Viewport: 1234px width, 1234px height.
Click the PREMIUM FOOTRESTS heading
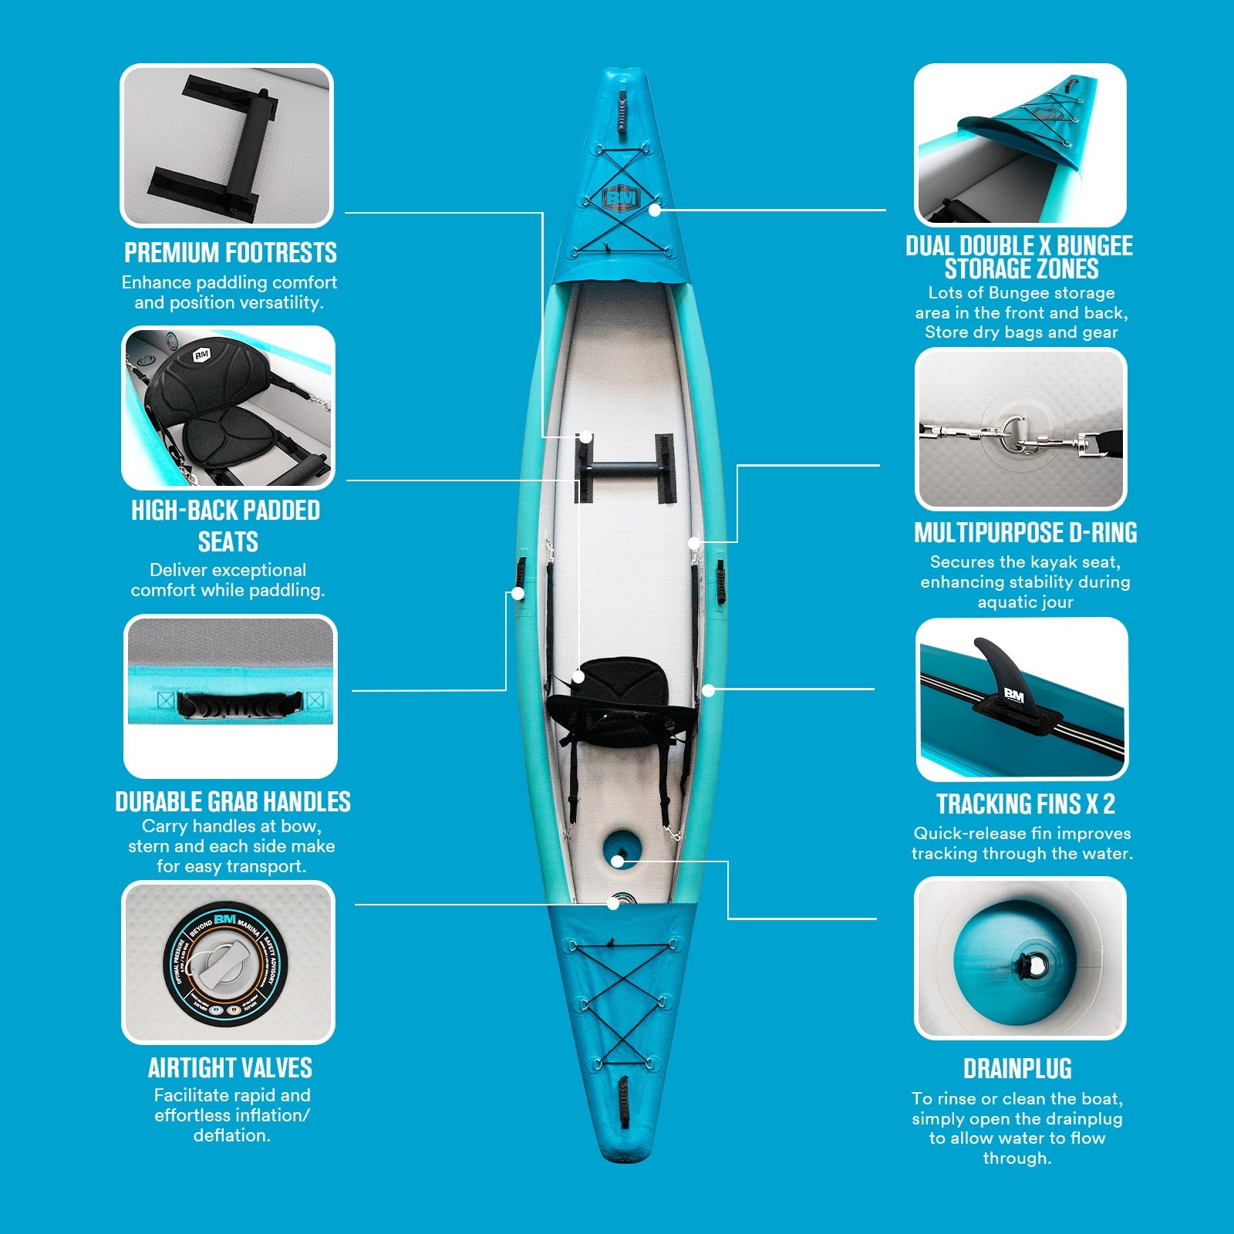click(231, 253)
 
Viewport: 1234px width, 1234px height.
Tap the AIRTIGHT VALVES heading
click(230, 1068)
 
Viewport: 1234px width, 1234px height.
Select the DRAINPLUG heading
click(1017, 1069)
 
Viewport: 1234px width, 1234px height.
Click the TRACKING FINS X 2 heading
click(1025, 804)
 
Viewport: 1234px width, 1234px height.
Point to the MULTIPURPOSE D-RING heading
click(1025, 533)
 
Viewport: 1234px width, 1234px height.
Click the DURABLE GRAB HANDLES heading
click(232, 802)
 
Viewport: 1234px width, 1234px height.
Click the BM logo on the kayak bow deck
click(621, 198)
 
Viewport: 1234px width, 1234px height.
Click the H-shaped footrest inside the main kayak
click(624, 467)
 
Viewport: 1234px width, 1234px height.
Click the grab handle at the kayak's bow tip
click(622, 110)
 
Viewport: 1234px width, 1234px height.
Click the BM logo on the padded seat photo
click(201, 355)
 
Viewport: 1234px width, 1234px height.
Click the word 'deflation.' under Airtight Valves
click(231, 1135)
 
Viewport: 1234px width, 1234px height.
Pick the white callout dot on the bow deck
click(655, 209)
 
